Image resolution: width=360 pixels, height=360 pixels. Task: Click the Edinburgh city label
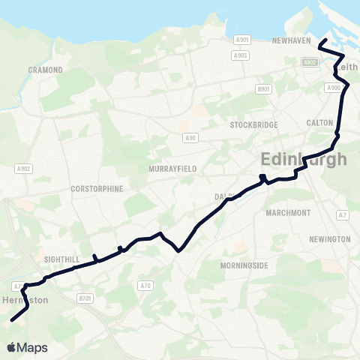(x=304, y=160)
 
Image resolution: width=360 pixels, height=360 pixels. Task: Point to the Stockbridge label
(x=254, y=124)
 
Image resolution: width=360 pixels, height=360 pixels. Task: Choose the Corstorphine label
(x=96, y=189)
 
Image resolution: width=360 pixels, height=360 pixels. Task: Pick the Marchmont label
(x=288, y=213)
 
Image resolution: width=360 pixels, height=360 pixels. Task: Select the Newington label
(x=329, y=239)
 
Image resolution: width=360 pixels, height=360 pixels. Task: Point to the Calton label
(x=314, y=122)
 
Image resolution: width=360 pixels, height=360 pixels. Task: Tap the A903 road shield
(x=241, y=55)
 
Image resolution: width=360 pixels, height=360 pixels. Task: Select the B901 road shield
(x=262, y=89)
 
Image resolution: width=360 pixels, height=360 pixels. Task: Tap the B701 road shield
(x=86, y=298)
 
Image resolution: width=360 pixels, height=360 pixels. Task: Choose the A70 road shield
(x=145, y=285)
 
